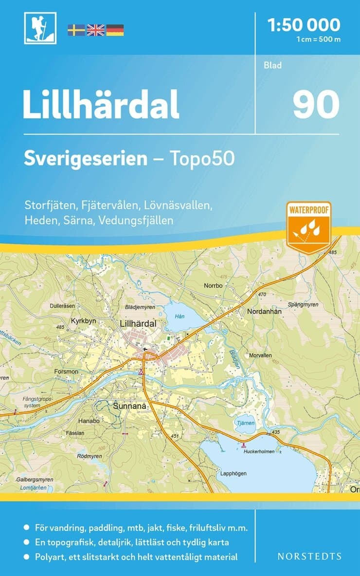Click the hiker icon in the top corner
tap(40, 28)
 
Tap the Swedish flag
tap(76, 30)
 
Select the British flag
tap(95, 30)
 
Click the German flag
tap(115, 30)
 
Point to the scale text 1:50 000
tap(304, 24)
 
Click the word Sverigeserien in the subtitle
tap(86, 158)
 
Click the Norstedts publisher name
tap(309, 556)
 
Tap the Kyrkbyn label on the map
tap(83, 322)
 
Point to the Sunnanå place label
tap(129, 405)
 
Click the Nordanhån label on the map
tap(264, 312)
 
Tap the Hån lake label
tap(180, 316)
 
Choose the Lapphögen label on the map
tap(233, 473)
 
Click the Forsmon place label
tap(67, 372)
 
